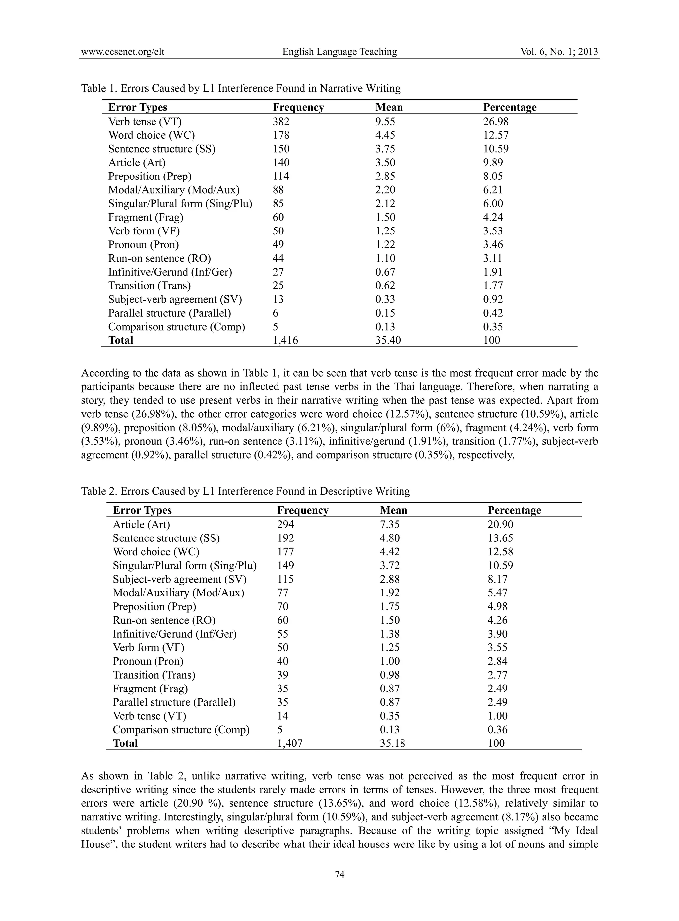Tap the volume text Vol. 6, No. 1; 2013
click(559, 52)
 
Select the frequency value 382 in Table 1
click(281, 122)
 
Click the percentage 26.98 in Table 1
click(496, 122)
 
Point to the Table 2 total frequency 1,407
click(290, 743)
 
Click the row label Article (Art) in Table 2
click(141, 524)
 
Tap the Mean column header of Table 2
click(393, 510)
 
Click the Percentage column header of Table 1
click(510, 107)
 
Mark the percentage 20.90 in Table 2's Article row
click(500, 524)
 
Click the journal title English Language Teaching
click(339, 52)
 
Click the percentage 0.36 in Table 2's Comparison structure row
click(497, 730)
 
